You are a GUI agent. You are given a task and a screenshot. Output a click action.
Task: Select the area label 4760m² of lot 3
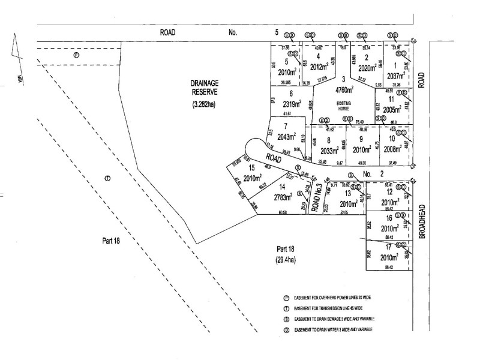[344, 90]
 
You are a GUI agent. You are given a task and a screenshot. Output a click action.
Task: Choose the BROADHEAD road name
[422, 219]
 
